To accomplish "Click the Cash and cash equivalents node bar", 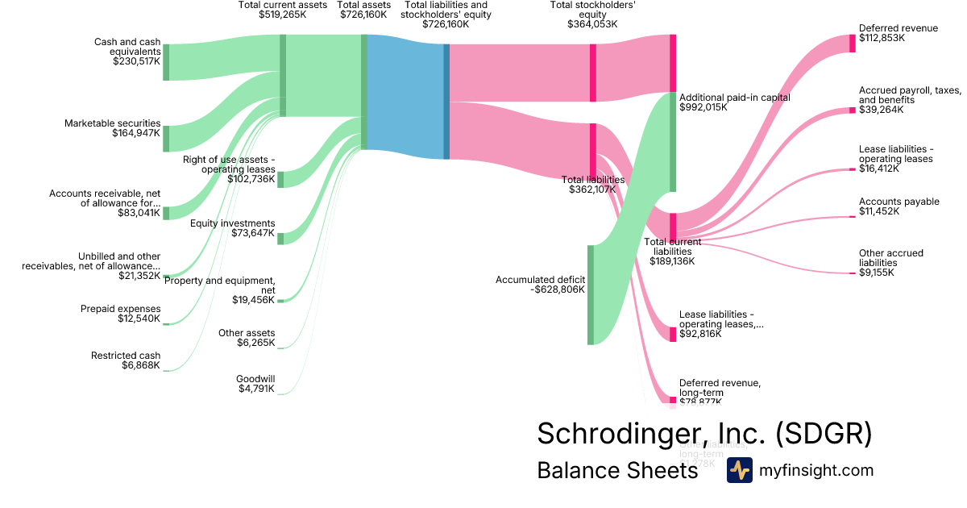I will [x=166, y=63].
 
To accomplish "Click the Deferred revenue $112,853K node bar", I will [x=853, y=43].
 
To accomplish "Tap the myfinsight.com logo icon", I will [x=739, y=470].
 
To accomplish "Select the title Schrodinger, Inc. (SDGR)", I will [x=704, y=433].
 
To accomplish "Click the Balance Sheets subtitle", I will [x=617, y=471].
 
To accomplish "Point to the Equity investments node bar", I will [x=280, y=238].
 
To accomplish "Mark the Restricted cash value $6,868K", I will [x=136, y=365].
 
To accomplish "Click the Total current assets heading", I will [x=283, y=5].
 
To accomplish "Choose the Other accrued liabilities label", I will [x=890, y=258].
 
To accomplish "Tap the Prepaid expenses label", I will [x=120, y=309].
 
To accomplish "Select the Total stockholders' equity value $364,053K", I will [x=592, y=23].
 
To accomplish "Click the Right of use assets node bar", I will [x=280, y=179].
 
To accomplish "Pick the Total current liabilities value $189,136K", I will [x=672, y=260].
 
